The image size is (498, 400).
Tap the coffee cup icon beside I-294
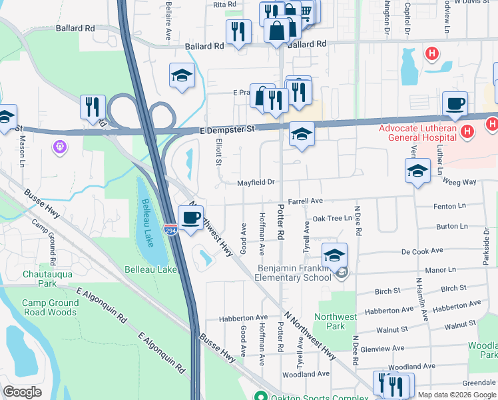191,218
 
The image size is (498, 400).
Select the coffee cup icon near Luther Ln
456,104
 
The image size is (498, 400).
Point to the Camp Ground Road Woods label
50,307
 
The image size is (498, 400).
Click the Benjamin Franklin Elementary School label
294,273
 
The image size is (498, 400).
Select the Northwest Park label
337,321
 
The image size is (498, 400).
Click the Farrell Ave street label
306,201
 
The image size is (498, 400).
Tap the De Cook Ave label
422,251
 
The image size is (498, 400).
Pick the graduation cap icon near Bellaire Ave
181,76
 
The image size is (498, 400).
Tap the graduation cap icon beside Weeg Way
417,170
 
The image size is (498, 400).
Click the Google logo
23,392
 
